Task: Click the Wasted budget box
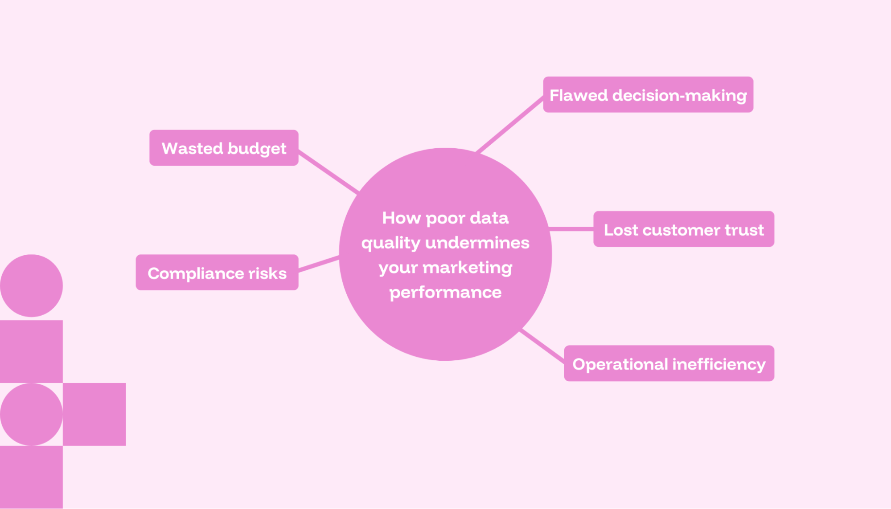click(223, 148)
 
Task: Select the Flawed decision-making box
click(648, 94)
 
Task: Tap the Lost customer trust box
click(683, 229)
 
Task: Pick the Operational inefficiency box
click(669, 363)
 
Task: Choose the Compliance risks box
click(217, 273)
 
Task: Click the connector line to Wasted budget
click(328, 172)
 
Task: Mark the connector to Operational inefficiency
click(542, 346)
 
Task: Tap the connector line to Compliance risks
click(319, 263)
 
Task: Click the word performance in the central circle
click(445, 293)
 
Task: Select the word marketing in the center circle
click(467, 268)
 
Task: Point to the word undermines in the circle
click(477, 243)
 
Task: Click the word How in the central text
click(401, 218)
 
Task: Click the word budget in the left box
click(257, 149)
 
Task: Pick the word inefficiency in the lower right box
click(719, 364)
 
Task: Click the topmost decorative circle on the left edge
click(31, 285)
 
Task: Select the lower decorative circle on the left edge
click(31, 414)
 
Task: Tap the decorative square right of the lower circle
click(94, 414)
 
